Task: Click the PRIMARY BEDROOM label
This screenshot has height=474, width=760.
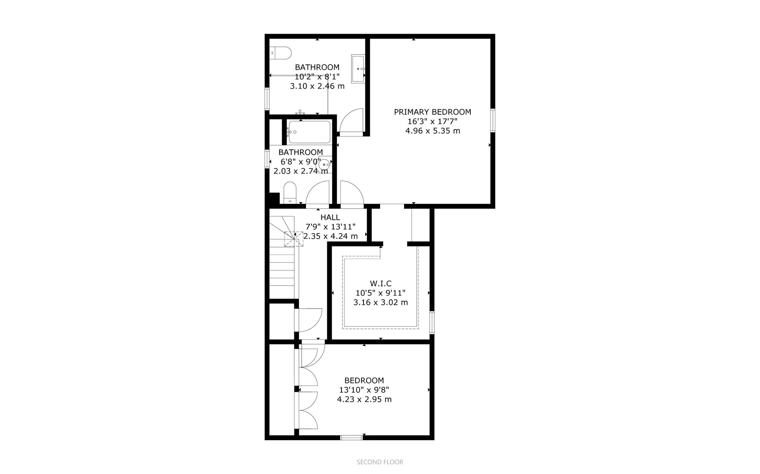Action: (x=432, y=112)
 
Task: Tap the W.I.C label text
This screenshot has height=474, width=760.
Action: (x=381, y=283)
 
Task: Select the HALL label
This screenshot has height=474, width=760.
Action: (x=330, y=217)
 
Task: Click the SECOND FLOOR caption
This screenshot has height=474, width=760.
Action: (x=380, y=462)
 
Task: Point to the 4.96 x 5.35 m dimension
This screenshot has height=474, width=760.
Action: (x=432, y=131)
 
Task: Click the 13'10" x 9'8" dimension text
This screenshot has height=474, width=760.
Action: (x=364, y=390)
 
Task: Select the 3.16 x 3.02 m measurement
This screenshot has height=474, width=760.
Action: (x=381, y=302)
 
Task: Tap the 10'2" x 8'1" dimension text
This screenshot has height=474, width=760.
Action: (x=317, y=77)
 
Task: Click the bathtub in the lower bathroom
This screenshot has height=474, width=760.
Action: (x=309, y=132)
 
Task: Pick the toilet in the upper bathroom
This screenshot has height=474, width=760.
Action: (x=281, y=53)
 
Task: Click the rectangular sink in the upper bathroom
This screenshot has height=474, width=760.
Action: (x=358, y=69)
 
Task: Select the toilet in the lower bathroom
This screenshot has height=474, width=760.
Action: (x=290, y=192)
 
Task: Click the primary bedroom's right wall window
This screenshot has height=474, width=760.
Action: (x=493, y=120)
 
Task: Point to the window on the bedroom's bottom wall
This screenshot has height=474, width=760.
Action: (x=351, y=438)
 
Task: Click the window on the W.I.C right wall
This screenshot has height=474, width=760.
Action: (x=432, y=322)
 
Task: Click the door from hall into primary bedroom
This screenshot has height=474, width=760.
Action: (x=352, y=194)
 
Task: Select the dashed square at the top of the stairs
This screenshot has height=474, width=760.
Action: (x=294, y=239)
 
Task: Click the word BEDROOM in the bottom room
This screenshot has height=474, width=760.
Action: (x=364, y=380)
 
